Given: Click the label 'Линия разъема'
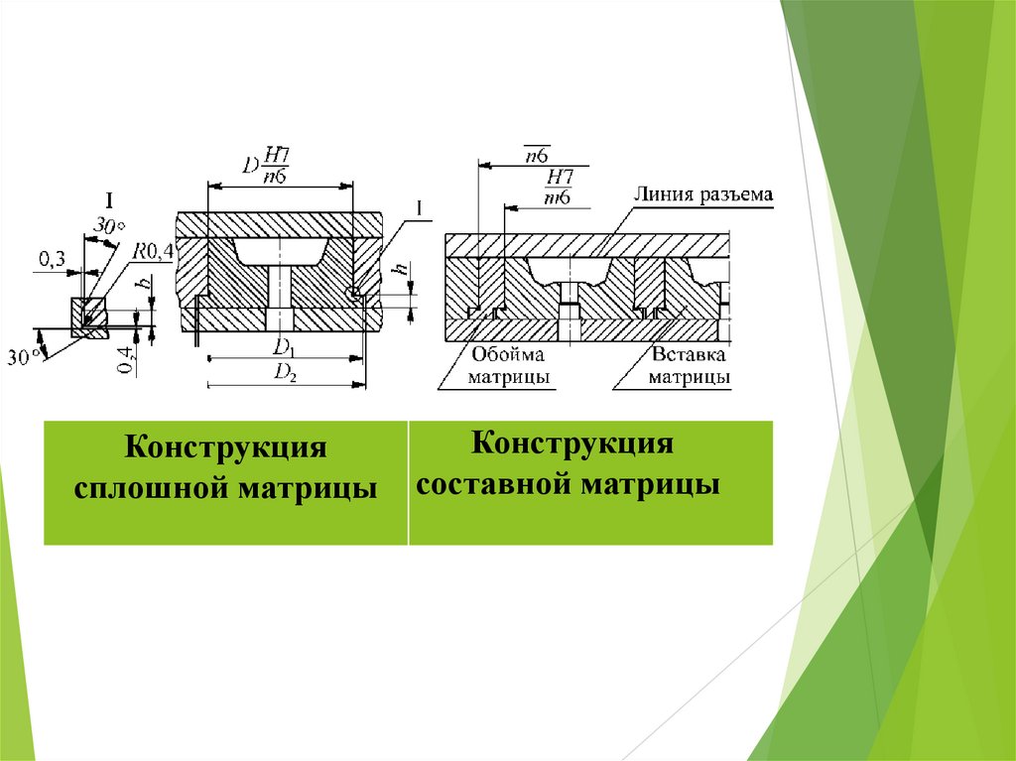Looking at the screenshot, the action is pos(702,194).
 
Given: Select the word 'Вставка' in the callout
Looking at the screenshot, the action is pos(690,355).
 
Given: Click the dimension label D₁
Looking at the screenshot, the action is pos(284,346).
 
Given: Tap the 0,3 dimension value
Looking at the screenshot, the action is pos(53,260).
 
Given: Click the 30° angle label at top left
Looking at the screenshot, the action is pos(110,227).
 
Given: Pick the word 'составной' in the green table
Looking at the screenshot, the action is pos(491,486).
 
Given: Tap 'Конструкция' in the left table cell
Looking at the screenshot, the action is pos(225,448).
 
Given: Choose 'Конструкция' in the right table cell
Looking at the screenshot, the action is pos(572,443).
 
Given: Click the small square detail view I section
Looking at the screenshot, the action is pos(86,316).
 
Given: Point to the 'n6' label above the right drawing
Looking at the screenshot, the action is pos(538,153).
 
